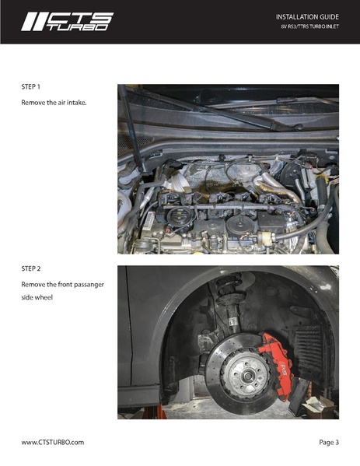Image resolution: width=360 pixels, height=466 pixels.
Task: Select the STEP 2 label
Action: pyautogui.click(x=33, y=268)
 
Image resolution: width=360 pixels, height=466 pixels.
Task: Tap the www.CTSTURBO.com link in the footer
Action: pyautogui.click(x=52, y=442)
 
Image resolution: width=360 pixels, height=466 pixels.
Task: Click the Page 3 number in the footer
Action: pyautogui.click(x=328, y=442)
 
